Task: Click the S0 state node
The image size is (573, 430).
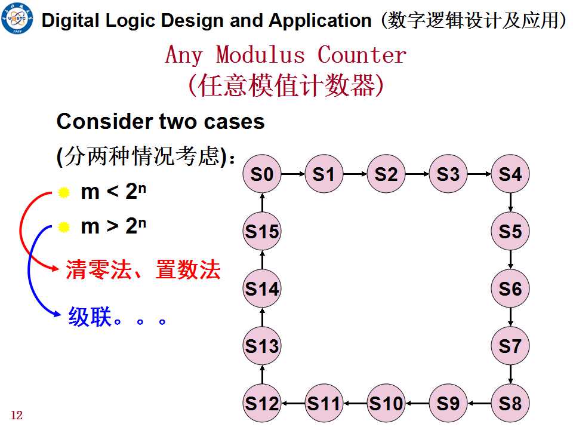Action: click(262, 174)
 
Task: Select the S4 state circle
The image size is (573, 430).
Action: click(510, 174)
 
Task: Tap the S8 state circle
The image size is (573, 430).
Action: click(510, 403)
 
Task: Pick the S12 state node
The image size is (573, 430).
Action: click(262, 403)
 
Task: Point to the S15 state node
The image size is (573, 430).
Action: click(262, 231)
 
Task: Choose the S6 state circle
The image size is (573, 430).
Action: click(510, 288)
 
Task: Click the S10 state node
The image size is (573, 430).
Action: click(386, 403)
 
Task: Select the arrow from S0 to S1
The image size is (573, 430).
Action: click(293, 174)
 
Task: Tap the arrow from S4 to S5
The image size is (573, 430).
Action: click(510, 202)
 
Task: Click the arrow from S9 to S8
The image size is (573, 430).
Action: click(479, 403)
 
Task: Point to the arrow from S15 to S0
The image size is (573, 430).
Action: click(262, 202)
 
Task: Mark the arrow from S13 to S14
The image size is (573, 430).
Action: click(262, 317)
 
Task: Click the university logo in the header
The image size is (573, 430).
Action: click(17, 18)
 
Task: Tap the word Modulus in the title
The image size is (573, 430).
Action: click(260, 55)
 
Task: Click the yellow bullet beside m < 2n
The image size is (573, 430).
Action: click(64, 192)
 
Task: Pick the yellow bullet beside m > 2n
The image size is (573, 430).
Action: click(64, 227)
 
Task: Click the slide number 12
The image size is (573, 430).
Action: click(17, 415)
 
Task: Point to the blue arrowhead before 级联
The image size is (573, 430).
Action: click(57, 314)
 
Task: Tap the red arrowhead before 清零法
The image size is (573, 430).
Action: click(55, 268)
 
